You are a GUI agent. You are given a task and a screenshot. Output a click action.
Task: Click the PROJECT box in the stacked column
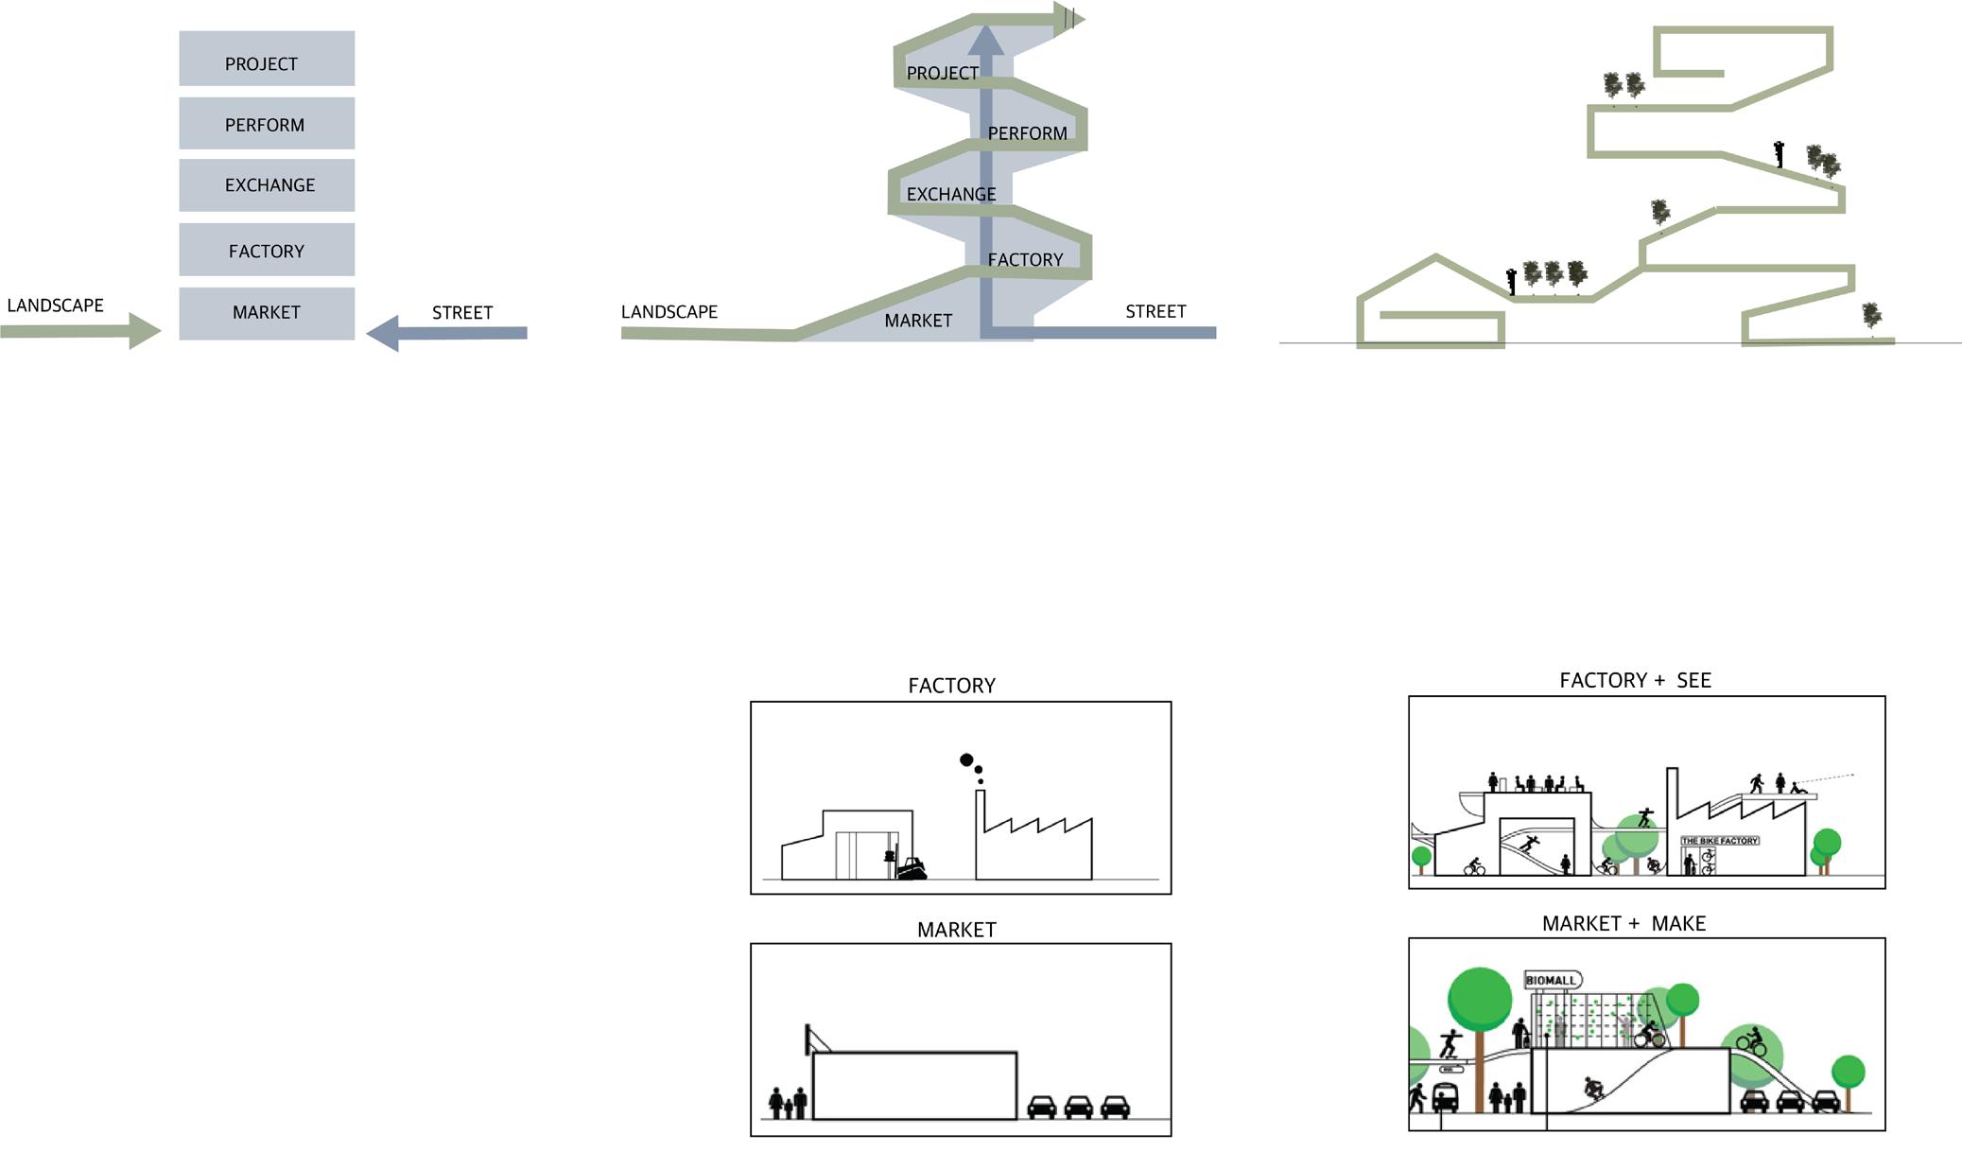pyautogui.click(x=267, y=59)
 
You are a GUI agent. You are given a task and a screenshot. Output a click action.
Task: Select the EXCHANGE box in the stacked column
pyautogui.click(x=267, y=184)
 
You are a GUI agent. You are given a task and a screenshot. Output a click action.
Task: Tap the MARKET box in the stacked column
pyautogui.click(x=267, y=313)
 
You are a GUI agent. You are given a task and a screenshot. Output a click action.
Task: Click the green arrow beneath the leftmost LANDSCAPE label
pyautogui.click(x=81, y=331)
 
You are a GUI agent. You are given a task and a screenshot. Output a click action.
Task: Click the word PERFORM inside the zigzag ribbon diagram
pyautogui.click(x=1027, y=133)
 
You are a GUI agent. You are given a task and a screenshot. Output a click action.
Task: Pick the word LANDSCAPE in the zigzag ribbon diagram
pyautogui.click(x=669, y=311)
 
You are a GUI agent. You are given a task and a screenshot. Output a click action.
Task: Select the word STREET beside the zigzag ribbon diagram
pyautogui.click(x=1155, y=311)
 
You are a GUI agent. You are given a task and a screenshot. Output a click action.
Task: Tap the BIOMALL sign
pyautogui.click(x=1552, y=980)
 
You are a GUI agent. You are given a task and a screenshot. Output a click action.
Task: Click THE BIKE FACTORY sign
pyautogui.click(x=1719, y=840)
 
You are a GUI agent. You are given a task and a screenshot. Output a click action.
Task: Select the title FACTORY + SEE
pyautogui.click(x=1635, y=680)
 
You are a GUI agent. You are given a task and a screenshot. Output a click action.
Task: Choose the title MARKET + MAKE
pyautogui.click(x=1623, y=923)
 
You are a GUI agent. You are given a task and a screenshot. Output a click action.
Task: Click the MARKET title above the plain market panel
pyautogui.click(x=956, y=930)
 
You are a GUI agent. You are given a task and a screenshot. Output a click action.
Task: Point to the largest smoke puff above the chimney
pyautogui.click(x=966, y=759)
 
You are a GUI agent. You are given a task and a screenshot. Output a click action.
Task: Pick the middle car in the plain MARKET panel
pyautogui.click(x=1078, y=1107)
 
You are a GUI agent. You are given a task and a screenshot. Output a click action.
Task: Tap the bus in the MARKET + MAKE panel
pyautogui.click(x=1445, y=1098)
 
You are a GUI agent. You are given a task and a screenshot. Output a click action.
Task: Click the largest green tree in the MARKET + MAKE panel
pyautogui.click(x=1480, y=1000)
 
